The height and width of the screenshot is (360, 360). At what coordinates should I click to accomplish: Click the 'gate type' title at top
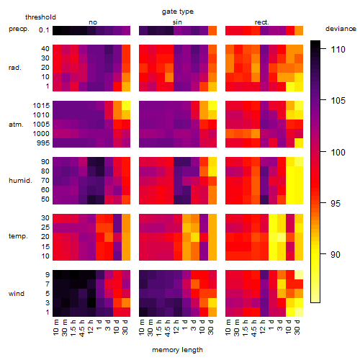click(x=178, y=12)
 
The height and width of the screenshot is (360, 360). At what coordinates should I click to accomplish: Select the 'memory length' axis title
click(x=177, y=350)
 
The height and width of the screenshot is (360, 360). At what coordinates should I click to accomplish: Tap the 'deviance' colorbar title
click(x=341, y=29)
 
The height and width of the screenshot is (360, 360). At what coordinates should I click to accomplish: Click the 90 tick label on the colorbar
click(x=336, y=254)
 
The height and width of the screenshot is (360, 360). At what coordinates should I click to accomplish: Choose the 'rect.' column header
click(x=261, y=22)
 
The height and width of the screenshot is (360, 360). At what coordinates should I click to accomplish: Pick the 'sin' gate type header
click(x=177, y=22)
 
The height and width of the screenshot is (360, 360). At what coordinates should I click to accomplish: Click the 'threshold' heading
click(x=40, y=17)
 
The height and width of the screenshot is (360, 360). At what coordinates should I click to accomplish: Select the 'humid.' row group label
click(x=20, y=181)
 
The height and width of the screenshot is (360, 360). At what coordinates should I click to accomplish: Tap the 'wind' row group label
click(x=17, y=294)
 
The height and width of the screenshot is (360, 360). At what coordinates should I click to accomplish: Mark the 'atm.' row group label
click(x=16, y=125)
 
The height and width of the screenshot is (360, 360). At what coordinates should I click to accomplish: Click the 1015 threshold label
click(x=41, y=106)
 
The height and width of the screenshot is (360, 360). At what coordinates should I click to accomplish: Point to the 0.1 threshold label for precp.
click(x=44, y=30)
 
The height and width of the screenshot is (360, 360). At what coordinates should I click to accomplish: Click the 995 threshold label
click(x=43, y=143)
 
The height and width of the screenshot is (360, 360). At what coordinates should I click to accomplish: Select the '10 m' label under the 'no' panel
click(x=56, y=327)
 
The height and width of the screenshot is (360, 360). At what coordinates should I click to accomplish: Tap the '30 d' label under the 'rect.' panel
click(x=297, y=327)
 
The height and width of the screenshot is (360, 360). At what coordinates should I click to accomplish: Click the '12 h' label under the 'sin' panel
click(x=176, y=327)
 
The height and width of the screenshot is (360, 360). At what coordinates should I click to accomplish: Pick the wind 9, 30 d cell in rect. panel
click(x=299, y=274)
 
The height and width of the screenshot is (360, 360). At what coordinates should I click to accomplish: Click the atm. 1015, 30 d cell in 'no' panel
click(x=126, y=106)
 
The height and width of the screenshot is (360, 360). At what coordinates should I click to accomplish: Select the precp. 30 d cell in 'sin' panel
click(x=212, y=31)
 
